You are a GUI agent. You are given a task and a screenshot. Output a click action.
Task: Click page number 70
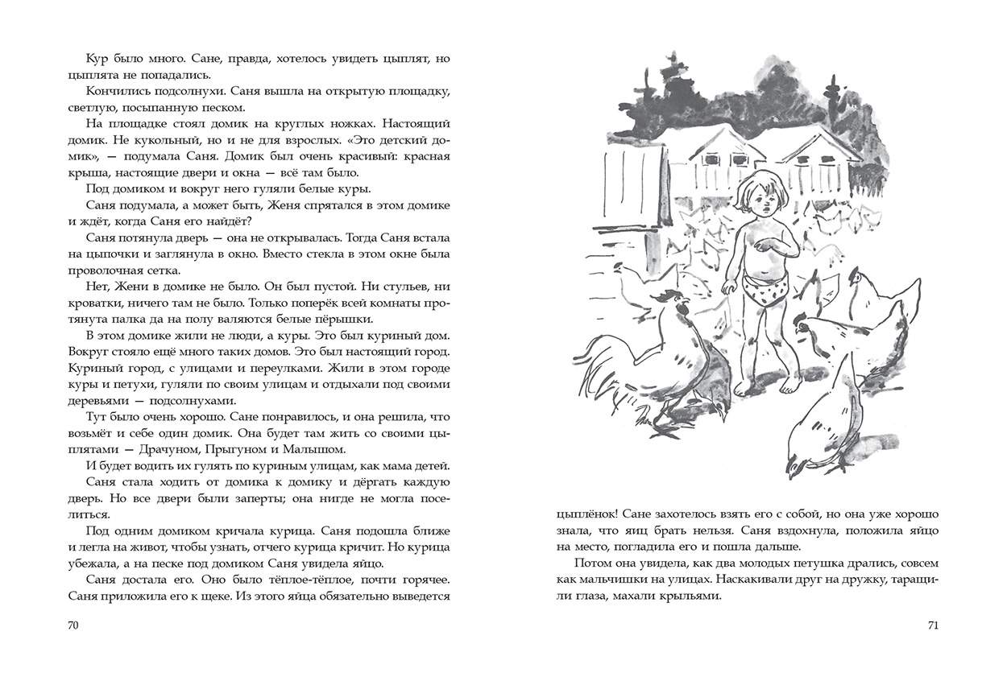point(74,625)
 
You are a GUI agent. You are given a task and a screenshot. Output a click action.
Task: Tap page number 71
point(933,625)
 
